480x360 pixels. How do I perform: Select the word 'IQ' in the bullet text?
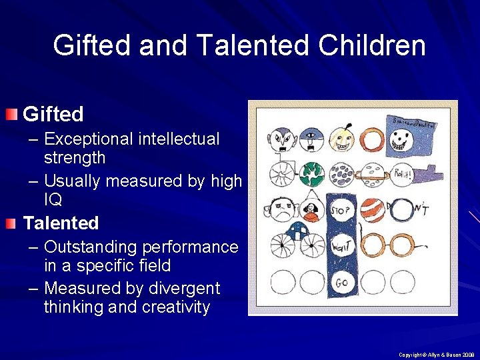pyautogui.click(x=53, y=199)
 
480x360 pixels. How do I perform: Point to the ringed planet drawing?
pyautogui.click(x=373, y=174)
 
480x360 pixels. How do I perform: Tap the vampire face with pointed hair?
pyautogui.click(x=283, y=138)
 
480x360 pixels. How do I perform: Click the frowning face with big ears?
pyautogui.click(x=282, y=211)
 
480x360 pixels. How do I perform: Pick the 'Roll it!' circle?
pyautogui.click(x=401, y=174)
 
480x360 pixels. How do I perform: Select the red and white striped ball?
pyautogui.click(x=373, y=211)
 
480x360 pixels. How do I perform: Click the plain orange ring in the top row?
pyautogui.click(x=373, y=138)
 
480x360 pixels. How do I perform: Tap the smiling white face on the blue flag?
pyautogui.click(x=402, y=140)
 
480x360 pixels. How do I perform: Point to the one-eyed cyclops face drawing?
pyautogui.click(x=312, y=139)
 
